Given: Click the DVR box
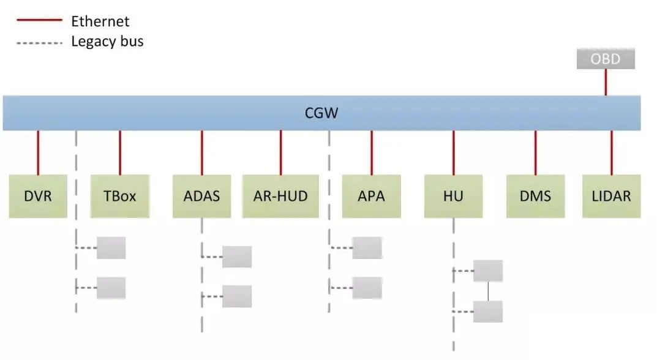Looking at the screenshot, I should (x=38, y=197).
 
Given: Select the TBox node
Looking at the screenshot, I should (x=120, y=197).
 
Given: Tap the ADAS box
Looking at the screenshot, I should (x=201, y=197).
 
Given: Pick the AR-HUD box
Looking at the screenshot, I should (x=280, y=197).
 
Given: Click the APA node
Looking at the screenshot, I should (x=371, y=197).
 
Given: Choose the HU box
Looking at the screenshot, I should (x=453, y=197).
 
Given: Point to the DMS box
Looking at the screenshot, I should (x=535, y=197).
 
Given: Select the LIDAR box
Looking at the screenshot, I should (x=611, y=197).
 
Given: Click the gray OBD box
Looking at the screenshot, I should (x=606, y=59).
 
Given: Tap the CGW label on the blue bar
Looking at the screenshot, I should (x=321, y=113).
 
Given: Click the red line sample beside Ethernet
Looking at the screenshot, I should (x=39, y=21).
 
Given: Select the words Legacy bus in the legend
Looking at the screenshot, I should (x=107, y=42).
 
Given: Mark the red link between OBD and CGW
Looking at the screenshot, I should (x=606, y=82).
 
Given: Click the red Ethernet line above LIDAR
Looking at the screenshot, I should (x=611, y=152).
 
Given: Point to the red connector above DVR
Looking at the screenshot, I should (x=38, y=152).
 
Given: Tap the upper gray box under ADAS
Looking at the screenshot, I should (x=237, y=257).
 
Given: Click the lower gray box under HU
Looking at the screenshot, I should (x=488, y=312).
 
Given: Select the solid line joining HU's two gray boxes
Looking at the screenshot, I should (x=488, y=291).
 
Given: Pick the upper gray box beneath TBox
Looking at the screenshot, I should (x=111, y=247).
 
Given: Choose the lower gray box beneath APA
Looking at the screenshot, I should (x=367, y=287).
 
